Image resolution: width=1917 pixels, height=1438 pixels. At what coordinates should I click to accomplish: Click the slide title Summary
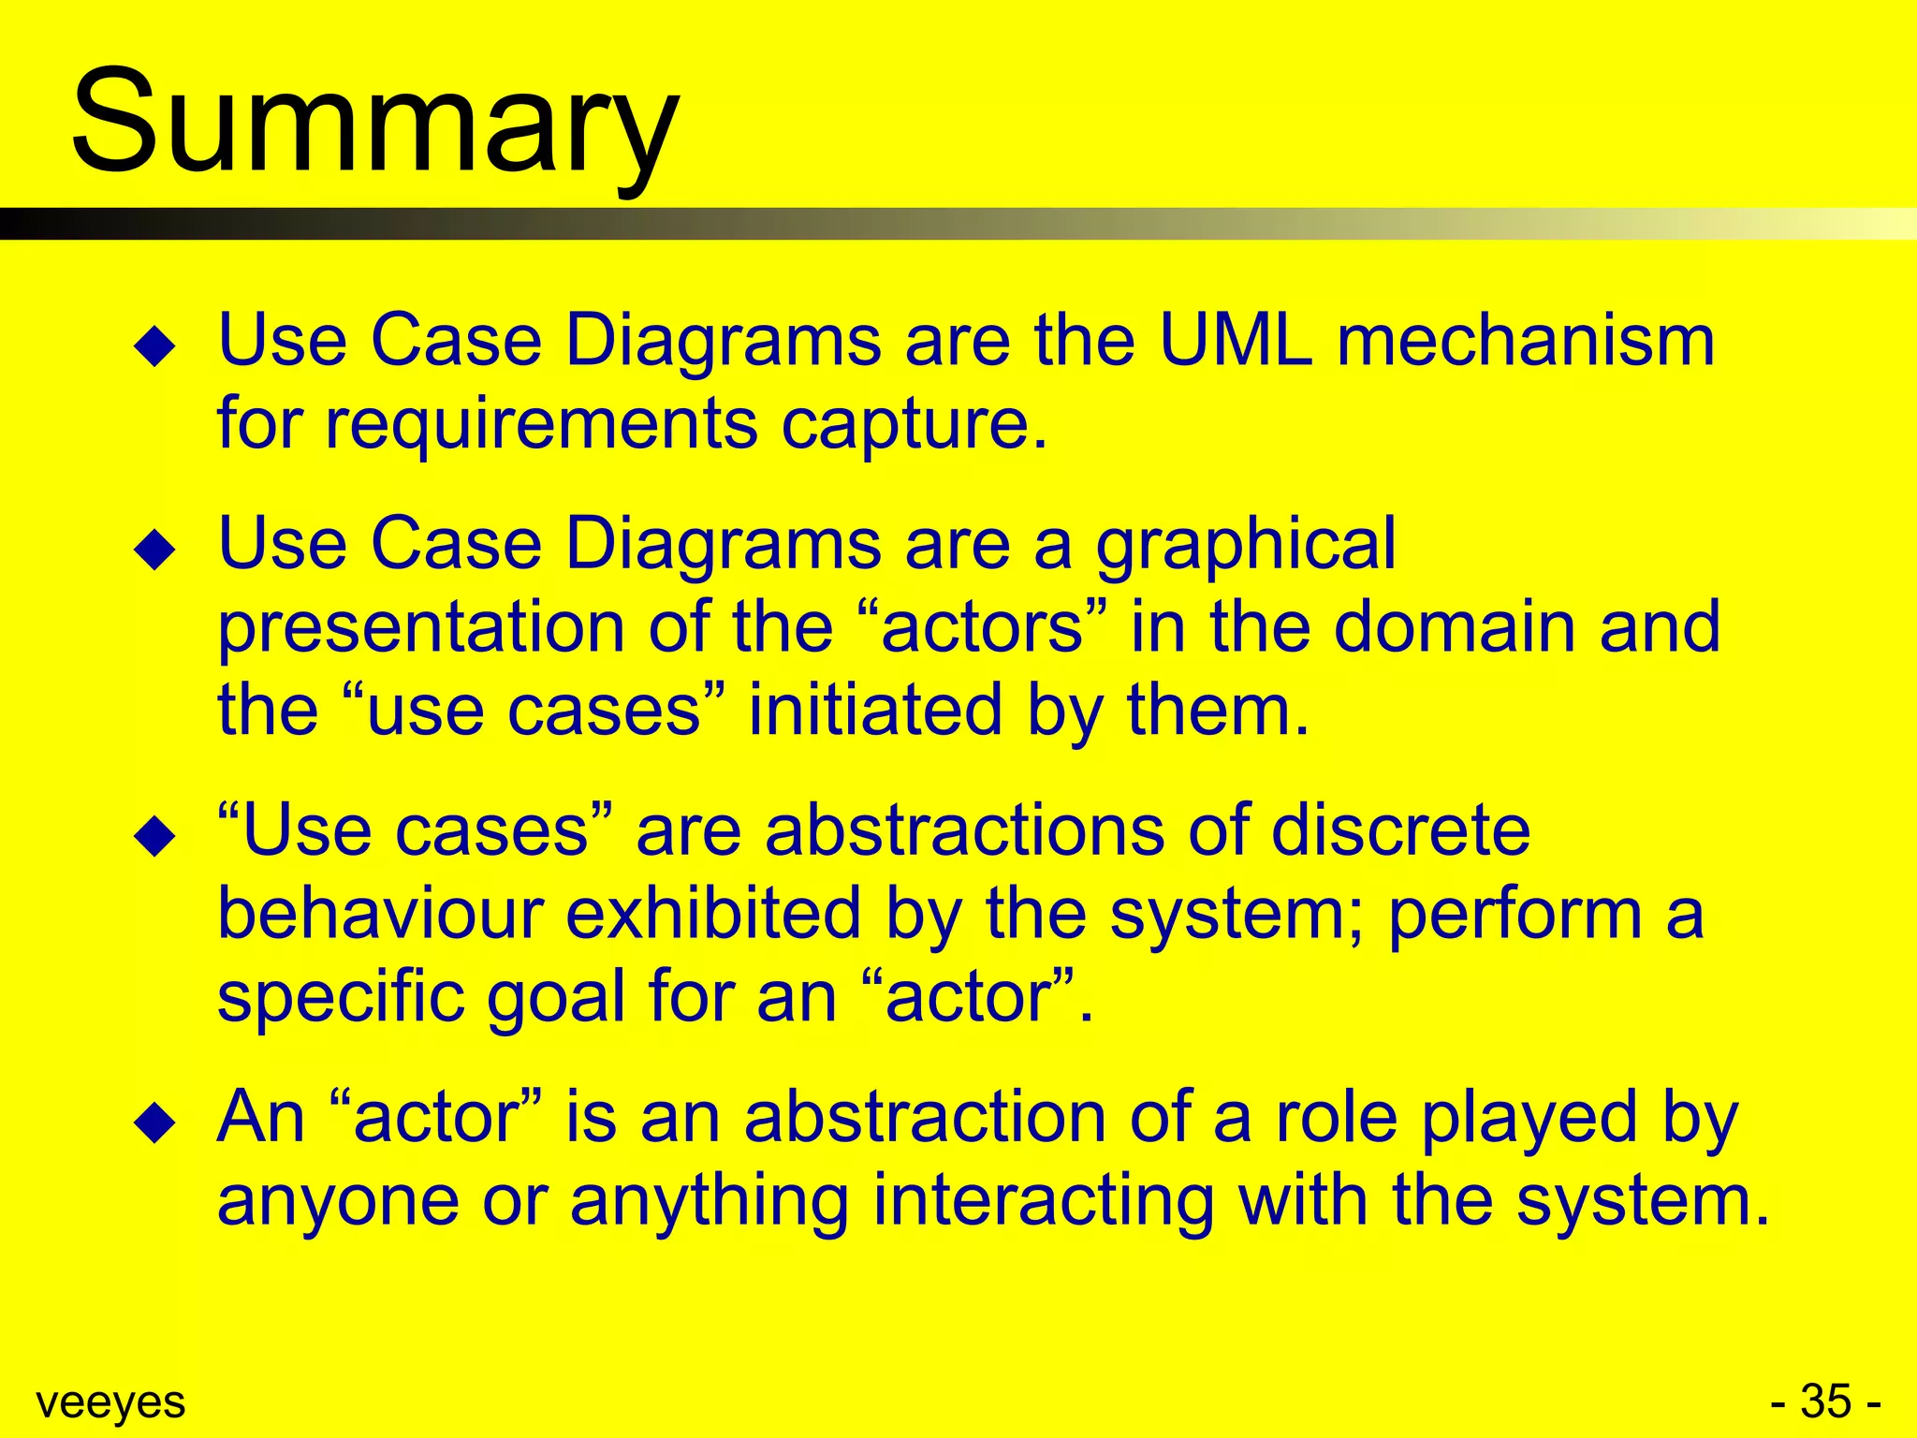click(x=374, y=122)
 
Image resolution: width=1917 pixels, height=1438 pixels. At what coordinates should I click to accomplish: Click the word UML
click(x=1235, y=339)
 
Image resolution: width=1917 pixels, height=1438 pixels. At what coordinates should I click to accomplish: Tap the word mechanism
click(x=1526, y=339)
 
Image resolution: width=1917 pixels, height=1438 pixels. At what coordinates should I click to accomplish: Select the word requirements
click(x=541, y=424)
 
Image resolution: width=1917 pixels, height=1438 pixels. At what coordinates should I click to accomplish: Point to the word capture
click(x=913, y=424)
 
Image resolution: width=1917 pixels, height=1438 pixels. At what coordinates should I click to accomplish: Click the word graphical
click(x=1245, y=545)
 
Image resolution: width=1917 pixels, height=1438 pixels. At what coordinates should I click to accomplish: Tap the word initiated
click(x=875, y=709)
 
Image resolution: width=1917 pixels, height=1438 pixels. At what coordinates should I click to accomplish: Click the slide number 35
click(x=1825, y=1402)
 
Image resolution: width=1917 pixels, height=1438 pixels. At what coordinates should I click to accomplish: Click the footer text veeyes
click(x=110, y=1402)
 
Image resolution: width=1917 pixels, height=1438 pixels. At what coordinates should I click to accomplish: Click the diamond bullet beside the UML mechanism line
click(x=155, y=346)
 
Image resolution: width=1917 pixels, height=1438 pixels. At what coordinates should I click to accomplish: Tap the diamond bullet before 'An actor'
click(x=155, y=1123)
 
